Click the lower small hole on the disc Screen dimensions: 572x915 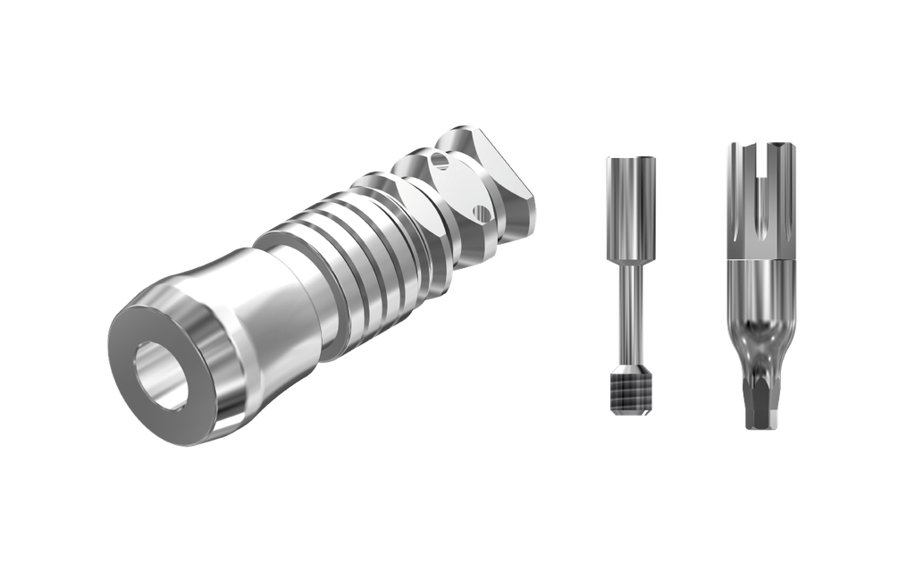483,213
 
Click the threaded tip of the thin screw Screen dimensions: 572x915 631,393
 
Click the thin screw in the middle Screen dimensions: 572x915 631,286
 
